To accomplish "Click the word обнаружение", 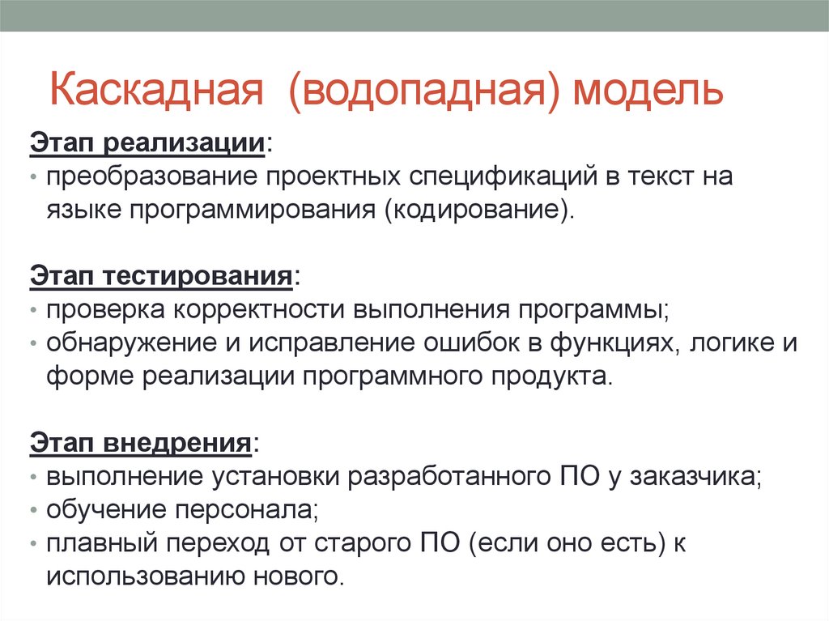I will pyautogui.click(x=130, y=342).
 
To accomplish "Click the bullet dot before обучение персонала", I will pyautogui.click(x=34, y=511).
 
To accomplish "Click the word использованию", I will pyautogui.click(x=137, y=576).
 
